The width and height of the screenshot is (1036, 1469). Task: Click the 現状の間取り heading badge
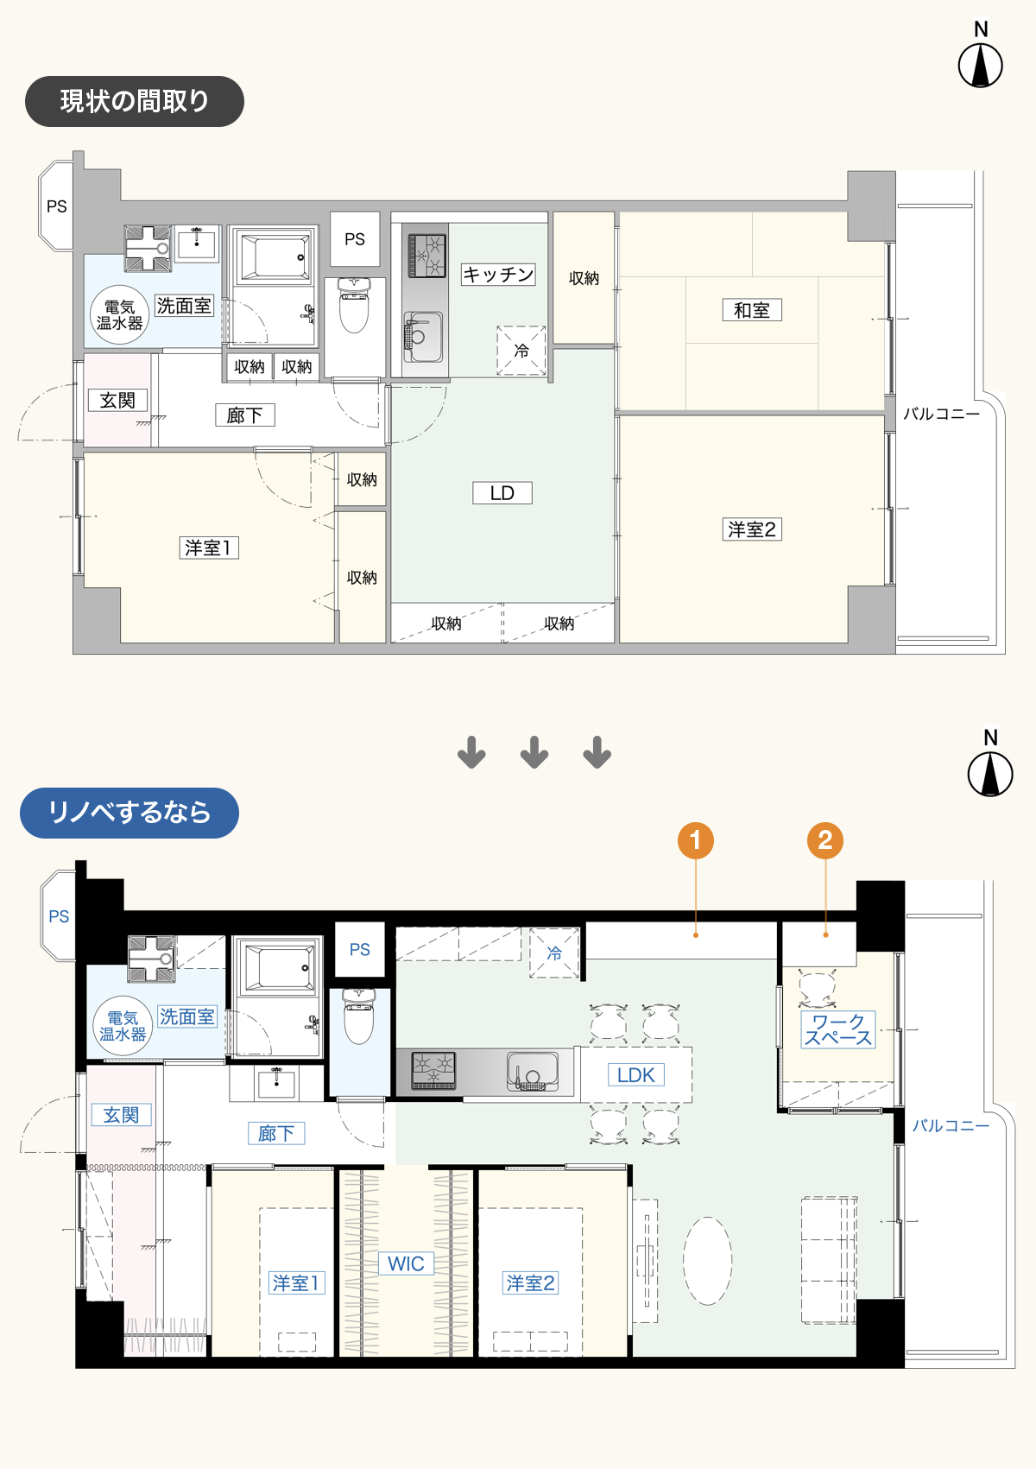coord(135,101)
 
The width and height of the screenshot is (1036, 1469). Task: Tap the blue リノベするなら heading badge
coord(129,813)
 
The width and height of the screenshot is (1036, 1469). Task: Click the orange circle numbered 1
coord(696,840)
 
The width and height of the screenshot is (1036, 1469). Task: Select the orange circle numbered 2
coord(825,840)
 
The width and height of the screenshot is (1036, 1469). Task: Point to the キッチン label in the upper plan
coord(498,275)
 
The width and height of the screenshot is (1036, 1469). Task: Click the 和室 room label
coord(751,310)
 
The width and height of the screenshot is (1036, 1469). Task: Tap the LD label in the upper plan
coord(502,493)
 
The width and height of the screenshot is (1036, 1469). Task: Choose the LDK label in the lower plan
coord(636,1075)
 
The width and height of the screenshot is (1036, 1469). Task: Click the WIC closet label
coord(406,1263)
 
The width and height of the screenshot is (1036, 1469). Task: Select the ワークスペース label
coord(838,1030)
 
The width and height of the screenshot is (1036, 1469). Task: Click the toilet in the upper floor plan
coord(354,305)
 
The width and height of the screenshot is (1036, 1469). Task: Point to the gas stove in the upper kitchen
coord(426,256)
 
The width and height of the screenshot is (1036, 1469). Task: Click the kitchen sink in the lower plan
coord(532,1071)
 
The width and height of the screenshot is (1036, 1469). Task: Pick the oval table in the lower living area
coord(708,1261)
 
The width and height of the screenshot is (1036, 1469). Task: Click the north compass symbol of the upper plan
coord(981,66)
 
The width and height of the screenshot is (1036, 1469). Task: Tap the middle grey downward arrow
coord(534,752)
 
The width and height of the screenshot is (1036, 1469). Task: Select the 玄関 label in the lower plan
coord(121,1115)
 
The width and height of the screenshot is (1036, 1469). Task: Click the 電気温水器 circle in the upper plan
coord(120,315)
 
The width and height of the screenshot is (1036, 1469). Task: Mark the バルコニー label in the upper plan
coord(941,415)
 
